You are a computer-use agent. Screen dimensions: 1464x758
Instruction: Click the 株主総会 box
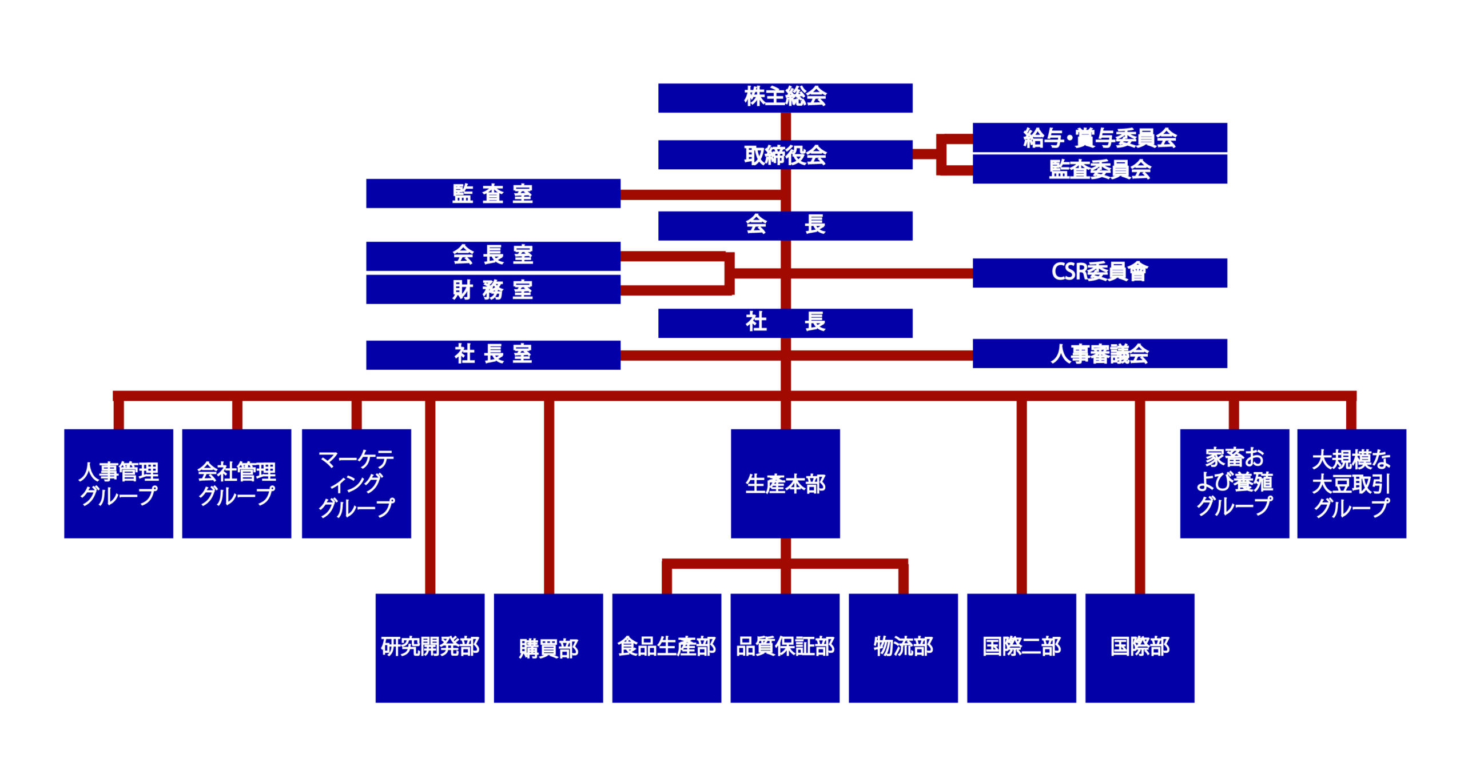[785, 98]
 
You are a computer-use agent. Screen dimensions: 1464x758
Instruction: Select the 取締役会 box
[785, 154]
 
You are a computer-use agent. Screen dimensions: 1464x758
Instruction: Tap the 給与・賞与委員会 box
[1100, 137]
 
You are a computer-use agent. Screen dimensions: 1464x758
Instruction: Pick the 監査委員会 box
[1100, 169]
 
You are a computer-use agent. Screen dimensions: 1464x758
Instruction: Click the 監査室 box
[493, 193]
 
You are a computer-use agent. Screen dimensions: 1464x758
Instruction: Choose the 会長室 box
[493, 256]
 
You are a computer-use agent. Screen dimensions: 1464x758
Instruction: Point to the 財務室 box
[493, 289]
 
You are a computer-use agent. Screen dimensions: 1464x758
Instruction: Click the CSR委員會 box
[1100, 273]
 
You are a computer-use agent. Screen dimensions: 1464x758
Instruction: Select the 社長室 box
[493, 355]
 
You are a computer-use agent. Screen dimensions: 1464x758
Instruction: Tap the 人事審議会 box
[1100, 353]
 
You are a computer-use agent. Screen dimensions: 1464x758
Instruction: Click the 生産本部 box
[785, 484]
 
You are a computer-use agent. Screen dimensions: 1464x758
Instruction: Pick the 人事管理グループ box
[118, 484]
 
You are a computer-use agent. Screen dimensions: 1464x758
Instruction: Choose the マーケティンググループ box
[356, 484]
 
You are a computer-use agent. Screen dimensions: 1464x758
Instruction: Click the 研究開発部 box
[430, 648]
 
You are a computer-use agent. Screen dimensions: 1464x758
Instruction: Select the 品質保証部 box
[785, 648]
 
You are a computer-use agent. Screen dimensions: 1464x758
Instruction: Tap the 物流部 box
[903, 648]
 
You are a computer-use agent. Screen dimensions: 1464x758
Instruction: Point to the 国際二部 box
[1021, 648]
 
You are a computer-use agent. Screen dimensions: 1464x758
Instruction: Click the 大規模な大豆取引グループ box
[1351, 484]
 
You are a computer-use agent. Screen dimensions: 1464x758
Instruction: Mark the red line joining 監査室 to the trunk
[701, 195]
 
